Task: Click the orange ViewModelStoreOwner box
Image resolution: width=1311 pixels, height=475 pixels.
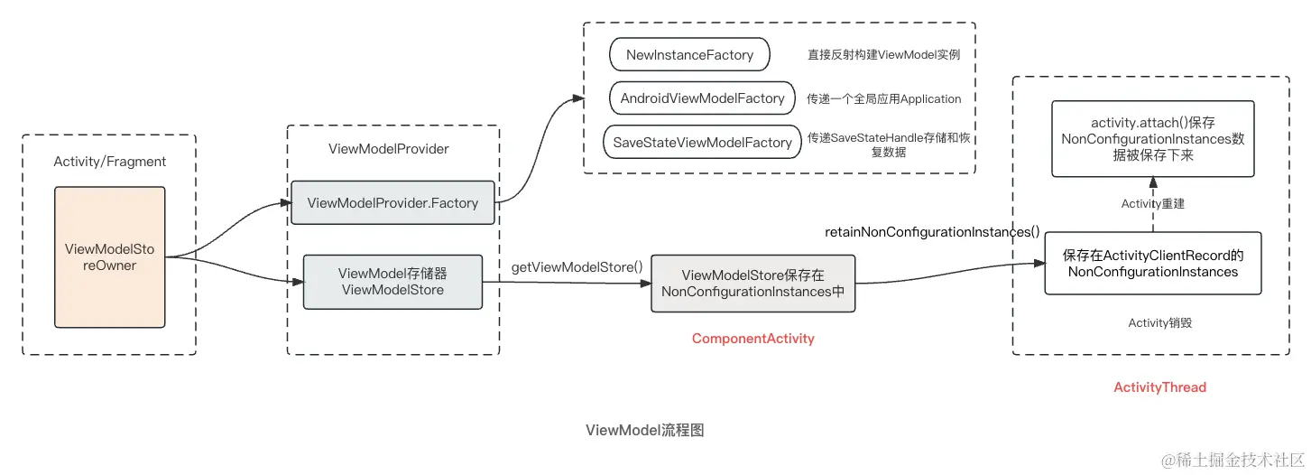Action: (110, 257)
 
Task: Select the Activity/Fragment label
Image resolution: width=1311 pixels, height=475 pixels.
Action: (110, 162)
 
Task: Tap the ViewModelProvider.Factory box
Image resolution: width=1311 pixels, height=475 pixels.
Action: (392, 202)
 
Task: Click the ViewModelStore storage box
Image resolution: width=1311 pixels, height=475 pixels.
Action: (392, 281)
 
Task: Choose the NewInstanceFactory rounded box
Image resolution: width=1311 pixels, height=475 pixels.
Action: (689, 55)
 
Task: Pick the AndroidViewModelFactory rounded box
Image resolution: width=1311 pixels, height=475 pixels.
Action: (702, 98)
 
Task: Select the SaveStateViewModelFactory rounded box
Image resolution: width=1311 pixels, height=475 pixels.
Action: (702, 143)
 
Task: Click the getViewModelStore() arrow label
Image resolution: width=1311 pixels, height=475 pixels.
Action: (577, 266)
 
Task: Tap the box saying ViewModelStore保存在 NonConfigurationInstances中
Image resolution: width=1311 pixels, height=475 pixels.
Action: (752, 284)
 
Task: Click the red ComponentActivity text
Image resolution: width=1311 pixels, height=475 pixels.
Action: (752, 339)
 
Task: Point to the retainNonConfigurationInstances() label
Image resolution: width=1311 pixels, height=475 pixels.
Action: (932, 232)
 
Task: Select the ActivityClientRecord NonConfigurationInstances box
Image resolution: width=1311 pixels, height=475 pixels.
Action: (1152, 263)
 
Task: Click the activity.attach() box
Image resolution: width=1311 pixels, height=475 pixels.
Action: (1153, 139)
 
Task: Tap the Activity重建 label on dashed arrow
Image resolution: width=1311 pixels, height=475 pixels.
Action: (1152, 204)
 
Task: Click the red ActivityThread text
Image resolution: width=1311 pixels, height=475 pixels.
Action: (1159, 387)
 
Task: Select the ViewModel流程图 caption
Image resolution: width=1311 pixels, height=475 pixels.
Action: (644, 430)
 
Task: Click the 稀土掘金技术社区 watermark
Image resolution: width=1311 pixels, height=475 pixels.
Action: (1232, 461)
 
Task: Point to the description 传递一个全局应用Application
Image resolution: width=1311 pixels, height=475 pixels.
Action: (883, 99)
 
